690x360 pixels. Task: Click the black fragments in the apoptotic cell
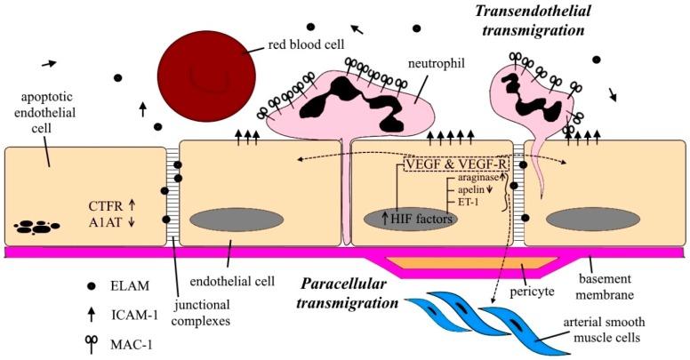37,228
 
